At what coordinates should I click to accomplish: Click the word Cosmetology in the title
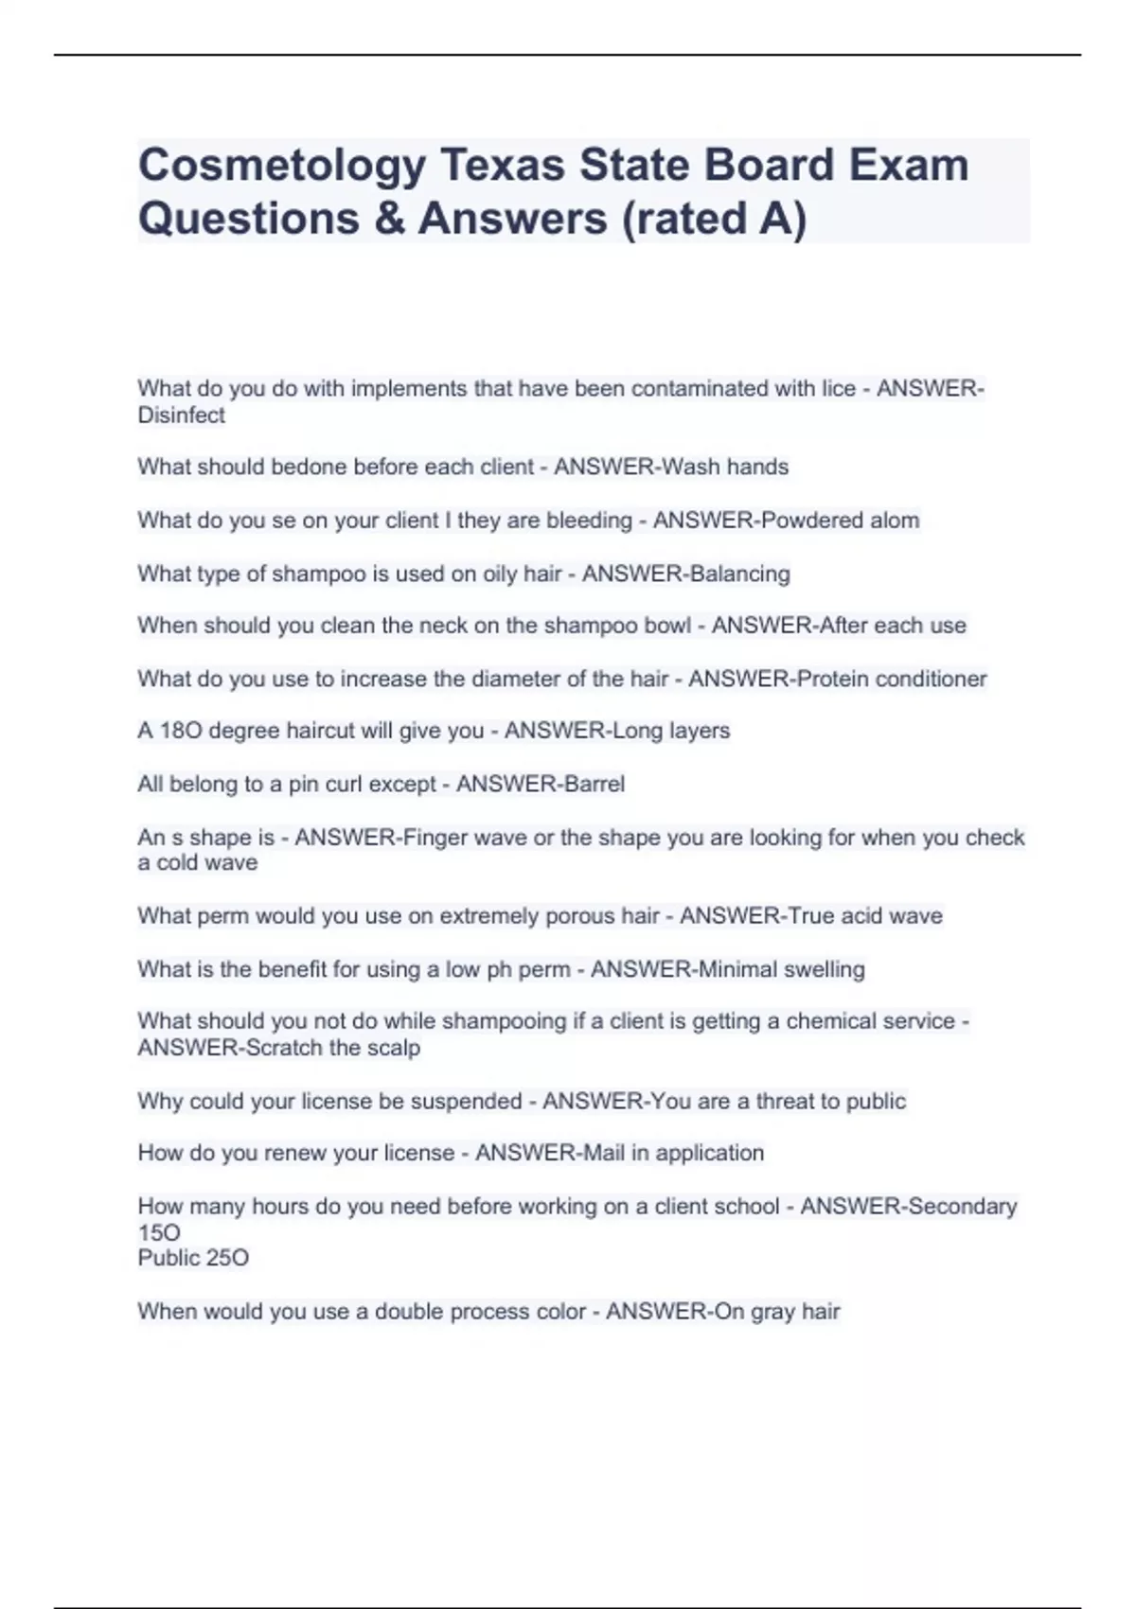tap(281, 166)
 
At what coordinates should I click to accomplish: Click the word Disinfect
tap(181, 416)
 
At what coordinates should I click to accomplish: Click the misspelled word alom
tap(895, 521)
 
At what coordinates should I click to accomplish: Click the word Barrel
tap(593, 784)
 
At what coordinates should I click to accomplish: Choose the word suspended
tap(466, 1101)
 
